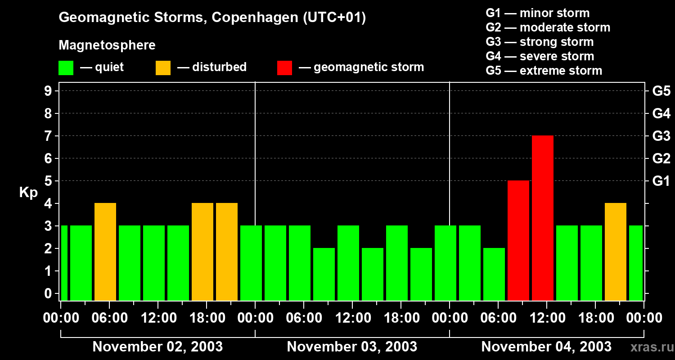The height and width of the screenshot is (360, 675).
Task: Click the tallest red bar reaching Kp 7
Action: [543, 218]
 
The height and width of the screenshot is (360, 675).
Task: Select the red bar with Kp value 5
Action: [518, 240]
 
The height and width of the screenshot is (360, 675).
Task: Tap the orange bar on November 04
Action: [616, 252]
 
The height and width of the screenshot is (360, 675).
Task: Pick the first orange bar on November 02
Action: [105, 252]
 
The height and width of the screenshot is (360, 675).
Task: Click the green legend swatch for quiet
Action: [66, 67]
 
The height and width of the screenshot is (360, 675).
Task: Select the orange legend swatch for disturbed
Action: [163, 67]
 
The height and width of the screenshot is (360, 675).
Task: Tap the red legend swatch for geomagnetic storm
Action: [284, 67]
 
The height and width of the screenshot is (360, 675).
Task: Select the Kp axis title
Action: [28, 193]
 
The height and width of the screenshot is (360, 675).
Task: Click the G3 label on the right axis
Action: [661, 136]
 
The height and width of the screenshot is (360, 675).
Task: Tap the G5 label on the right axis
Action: [661, 91]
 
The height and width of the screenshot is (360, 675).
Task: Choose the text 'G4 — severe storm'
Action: [540, 56]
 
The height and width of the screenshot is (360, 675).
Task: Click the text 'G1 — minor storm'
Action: [537, 13]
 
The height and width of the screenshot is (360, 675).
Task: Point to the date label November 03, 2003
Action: [352, 346]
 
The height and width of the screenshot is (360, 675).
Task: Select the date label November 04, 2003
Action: [546, 346]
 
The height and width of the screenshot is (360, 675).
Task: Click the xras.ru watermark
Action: [651, 347]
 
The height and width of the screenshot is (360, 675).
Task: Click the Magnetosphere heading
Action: [107, 45]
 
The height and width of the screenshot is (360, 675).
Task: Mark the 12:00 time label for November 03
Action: [352, 318]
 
